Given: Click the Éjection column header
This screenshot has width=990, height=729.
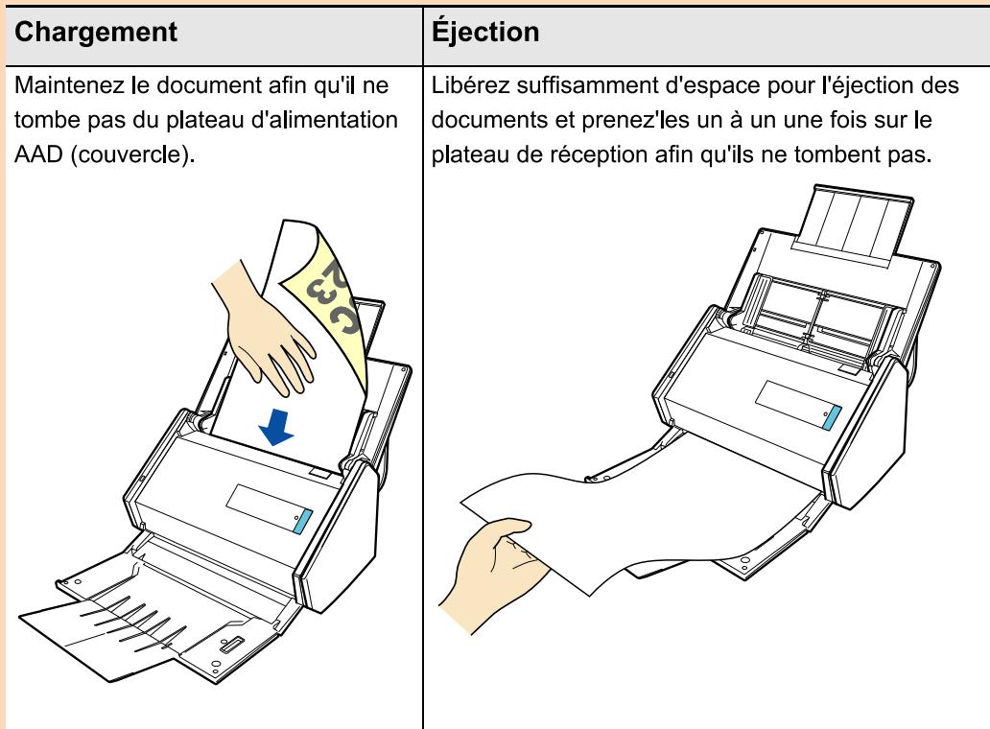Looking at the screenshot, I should tap(486, 32).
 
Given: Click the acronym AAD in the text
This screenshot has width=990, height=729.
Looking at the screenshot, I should tap(35, 157).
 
